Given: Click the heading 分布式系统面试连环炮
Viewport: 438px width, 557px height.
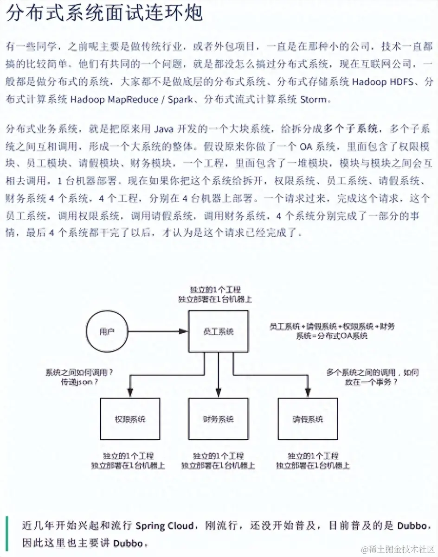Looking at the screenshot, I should pyautogui.click(x=104, y=13).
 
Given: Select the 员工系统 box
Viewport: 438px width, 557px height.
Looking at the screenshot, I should pyautogui.click(x=218, y=331).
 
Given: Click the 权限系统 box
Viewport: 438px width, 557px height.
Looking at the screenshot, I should pyautogui.click(x=130, y=419).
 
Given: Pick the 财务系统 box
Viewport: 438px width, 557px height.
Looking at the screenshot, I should pyautogui.click(x=218, y=419).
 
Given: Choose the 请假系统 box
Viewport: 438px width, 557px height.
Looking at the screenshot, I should pyautogui.click(x=308, y=419).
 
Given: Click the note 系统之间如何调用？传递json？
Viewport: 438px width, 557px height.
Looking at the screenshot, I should pyautogui.click(x=80, y=378).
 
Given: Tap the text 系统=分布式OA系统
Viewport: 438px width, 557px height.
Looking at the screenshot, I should pyautogui.click(x=332, y=336).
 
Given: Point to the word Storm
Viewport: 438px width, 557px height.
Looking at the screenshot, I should pyautogui.click(x=314, y=99).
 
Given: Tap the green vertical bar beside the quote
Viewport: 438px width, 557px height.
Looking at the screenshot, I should pyautogui.click(x=7, y=533).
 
